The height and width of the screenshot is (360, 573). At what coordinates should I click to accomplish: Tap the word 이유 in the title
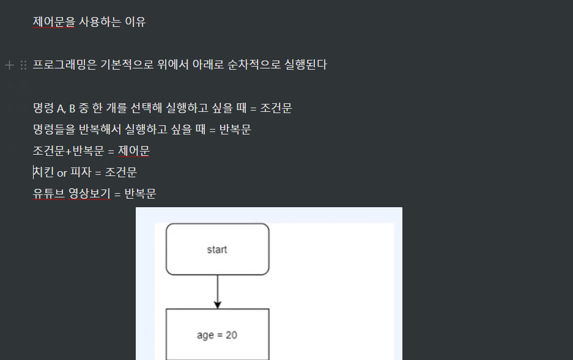point(135,22)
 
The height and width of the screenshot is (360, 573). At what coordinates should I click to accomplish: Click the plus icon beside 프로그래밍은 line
point(9,65)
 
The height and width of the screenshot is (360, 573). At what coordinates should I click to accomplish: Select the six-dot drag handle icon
point(23,65)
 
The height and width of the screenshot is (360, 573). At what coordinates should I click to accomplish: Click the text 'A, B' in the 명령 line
point(66,109)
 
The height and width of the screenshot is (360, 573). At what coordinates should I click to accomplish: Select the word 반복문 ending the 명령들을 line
point(235,130)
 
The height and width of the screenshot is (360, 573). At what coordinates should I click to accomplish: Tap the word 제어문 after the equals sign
point(134,151)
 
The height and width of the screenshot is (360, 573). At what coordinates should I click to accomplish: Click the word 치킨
point(43,172)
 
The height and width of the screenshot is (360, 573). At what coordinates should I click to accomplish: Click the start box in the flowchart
point(217,249)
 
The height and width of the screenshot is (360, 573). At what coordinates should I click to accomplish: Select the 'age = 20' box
point(217,334)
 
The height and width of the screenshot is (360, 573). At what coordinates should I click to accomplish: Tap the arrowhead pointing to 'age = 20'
point(217,304)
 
